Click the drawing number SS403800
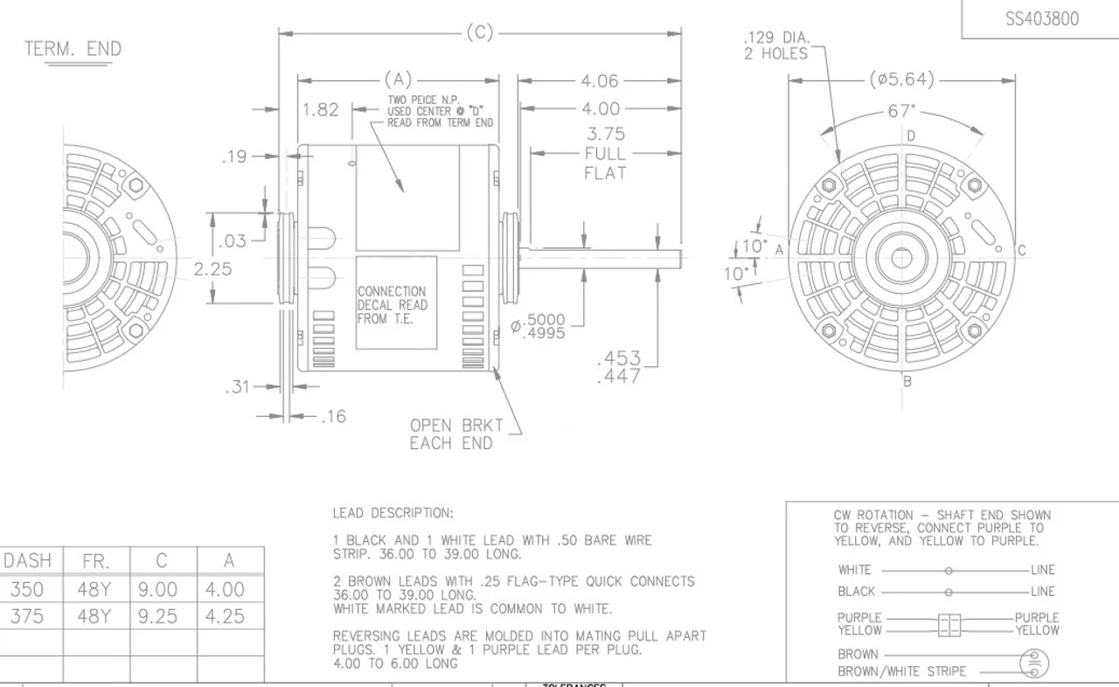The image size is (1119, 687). click(1042, 18)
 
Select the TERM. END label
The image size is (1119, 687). click(73, 49)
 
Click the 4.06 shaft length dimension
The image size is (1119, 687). click(600, 81)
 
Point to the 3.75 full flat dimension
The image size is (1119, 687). click(605, 153)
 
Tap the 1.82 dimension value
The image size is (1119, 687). click(320, 110)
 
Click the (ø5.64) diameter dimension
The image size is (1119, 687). click(901, 80)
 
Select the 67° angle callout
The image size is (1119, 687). click(900, 111)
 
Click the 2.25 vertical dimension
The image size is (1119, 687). click(212, 269)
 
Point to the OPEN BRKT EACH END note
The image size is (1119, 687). click(455, 434)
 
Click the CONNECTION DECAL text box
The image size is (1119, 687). click(393, 305)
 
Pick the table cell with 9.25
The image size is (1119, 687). click(157, 617)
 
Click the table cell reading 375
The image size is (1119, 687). click(27, 617)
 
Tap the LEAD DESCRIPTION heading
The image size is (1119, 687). click(393, 513)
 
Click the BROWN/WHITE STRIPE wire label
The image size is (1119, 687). click(901, 671)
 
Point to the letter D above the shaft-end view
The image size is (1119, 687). click(910, 136)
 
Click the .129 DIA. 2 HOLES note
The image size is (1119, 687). click(776, 45)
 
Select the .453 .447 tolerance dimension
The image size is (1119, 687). click(618, 367)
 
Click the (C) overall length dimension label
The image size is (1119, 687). click(479, 33)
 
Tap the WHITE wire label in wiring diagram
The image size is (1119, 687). click(854, 570)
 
